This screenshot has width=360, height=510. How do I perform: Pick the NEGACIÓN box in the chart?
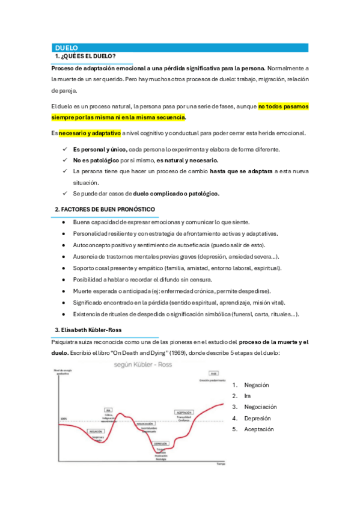tap(96, 431)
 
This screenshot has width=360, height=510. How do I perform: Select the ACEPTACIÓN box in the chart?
tap(183, 413)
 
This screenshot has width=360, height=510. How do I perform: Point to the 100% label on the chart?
tap(63, 419)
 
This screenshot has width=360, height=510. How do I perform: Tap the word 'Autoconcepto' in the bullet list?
tap(93, 245)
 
